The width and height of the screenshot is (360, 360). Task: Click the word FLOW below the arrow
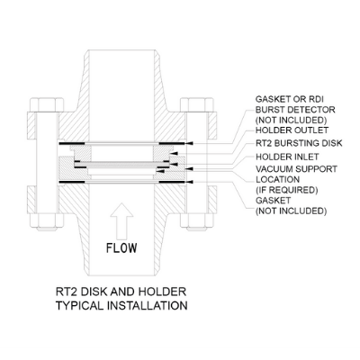point(121,247)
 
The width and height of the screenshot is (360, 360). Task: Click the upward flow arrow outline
point(121,221)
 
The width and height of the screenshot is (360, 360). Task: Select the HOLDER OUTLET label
point(292,130)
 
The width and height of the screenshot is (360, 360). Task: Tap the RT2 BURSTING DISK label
point(299,143)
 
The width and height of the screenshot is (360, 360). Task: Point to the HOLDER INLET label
point(287,157)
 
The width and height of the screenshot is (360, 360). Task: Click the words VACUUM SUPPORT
point(296,169)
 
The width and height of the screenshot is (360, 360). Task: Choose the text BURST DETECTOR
point(295,110)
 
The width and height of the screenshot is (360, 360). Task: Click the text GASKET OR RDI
point(289,99)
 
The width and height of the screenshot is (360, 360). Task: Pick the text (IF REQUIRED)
point(286,190)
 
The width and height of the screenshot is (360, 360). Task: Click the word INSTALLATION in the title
point(148,305)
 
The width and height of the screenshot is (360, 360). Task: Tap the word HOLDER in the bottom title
point(162,292)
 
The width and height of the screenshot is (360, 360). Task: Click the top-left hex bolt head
point(47,104)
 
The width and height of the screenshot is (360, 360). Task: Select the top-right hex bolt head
point(197,104)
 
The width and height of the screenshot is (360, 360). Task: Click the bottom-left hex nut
point(47,221)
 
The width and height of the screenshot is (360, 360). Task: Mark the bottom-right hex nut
point(197,221)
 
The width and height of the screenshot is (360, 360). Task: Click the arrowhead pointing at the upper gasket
point(189,144)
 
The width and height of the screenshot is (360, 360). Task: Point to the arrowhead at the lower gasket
point(190,182)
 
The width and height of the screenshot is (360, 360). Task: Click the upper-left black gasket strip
point(73,144)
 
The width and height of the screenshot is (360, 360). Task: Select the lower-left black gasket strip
point(73,182)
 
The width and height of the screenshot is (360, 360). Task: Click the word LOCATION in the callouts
point(277,179)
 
